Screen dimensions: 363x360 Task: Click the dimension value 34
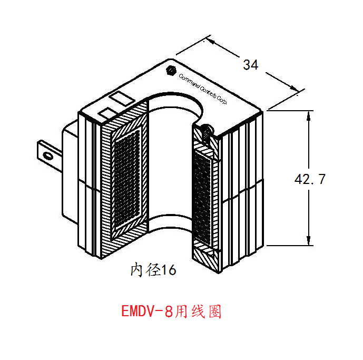pyautogui.click(x=250, y=65)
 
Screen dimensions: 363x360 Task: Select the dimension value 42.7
pyautogui.click(x=310, y=179)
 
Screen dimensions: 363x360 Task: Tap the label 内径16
pyautogui.click(x=153, y=270)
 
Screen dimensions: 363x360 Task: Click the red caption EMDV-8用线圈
pyautogui.click(x=171, y=312)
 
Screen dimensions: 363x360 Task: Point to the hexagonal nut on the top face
pyautogui.click(x=170, y=70)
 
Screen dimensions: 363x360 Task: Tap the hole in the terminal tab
pyautogui.click(x=48, y=155)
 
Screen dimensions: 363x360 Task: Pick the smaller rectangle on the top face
pyautogui.click(x=107, y=113)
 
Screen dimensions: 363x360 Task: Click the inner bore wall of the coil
pyautogui.click(x=169, y=158)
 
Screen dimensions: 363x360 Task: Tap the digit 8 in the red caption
pyautogui.click(x=168, y=312)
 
